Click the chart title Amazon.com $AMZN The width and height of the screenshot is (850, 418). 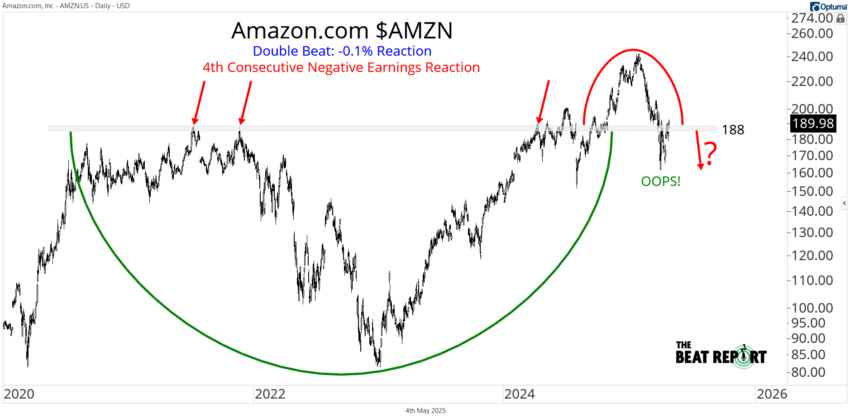coord(342,31)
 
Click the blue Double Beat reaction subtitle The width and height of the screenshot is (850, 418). coord(342,51)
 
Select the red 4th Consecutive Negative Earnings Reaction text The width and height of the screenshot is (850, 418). coord(341,67)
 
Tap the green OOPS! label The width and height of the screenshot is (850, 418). coord(660,181)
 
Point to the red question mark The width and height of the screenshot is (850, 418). coord(711,153)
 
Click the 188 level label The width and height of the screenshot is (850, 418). coord(733,130)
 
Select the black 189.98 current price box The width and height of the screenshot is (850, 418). coord(813,123)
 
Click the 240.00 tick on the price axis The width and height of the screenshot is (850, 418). coord(812,57)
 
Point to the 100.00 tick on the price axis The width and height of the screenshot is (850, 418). coord(812,308)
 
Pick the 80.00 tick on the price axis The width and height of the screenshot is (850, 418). coord(808,372)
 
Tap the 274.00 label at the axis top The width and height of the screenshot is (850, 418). coord(812,18)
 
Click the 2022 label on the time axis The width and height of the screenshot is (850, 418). coord(270,394)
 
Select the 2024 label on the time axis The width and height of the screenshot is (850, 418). coord(519,394)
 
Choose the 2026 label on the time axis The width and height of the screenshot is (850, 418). coord(772,394)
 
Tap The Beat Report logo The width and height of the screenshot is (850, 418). coord(721,354)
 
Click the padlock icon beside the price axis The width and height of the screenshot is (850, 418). coord(840,19)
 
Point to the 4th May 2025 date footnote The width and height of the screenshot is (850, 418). coord(425,411)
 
